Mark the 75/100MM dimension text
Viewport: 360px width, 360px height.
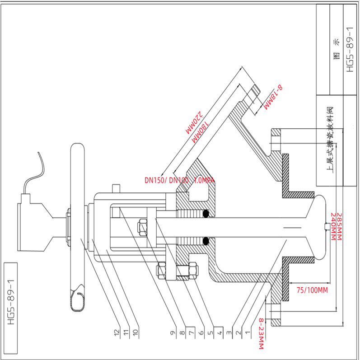[x=312, y=290]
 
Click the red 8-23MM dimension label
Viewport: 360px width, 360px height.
[x=261, y=333]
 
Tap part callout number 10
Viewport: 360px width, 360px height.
[x=135, y=333]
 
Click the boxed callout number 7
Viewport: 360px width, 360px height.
[x=191, y=333]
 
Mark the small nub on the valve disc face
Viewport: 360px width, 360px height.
[x=326, y=226]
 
